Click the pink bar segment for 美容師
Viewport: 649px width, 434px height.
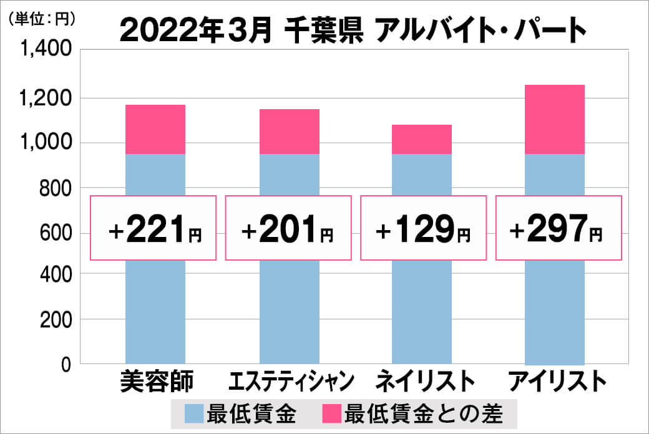click(x=155, y=130)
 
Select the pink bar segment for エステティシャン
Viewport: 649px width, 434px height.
click(x=289, y=132)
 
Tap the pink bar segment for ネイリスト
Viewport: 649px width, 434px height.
click(x=422, y=140)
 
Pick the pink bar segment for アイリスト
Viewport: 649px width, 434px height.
click(x=555, y=120)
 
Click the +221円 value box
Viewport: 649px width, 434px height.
click(x=154, y=228)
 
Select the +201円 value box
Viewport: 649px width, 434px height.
click(x=288, y=228)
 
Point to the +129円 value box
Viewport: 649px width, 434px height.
click(x=422, y=228)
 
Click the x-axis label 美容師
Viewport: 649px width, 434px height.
click(x=157, y=381)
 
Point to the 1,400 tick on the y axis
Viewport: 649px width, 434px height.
click(x=47, y=50)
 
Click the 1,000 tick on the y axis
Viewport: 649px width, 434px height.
click(x=47, y=143)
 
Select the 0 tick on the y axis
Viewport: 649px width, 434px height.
click(x=65, y=365)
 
